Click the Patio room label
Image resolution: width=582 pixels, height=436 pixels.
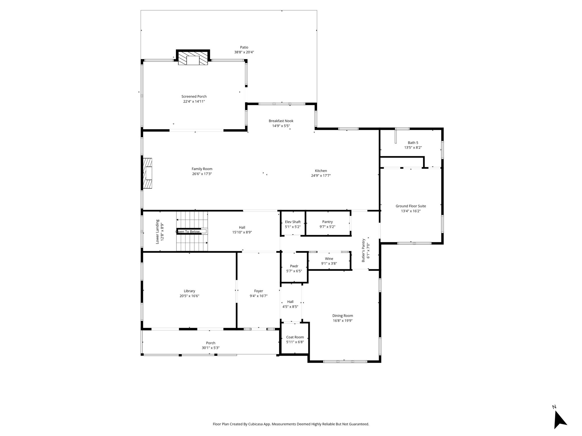pos(244,47)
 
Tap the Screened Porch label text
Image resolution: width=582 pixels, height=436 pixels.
pos(194,97)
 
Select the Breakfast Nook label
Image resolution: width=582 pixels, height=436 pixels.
pos(281,121)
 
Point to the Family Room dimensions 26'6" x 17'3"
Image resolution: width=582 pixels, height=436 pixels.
pos(202,174)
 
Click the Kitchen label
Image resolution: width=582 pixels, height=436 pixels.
pos(321,171)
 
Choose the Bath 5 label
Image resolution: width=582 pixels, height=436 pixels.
pos(413,143)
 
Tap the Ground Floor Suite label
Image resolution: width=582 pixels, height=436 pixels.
pos(411,206)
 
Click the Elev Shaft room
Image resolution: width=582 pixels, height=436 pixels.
pos(293,224)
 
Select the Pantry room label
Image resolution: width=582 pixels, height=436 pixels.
pos(327,222)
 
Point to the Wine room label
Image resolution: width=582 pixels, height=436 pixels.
pos(329,259)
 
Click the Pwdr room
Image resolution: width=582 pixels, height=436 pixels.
pos(294,268)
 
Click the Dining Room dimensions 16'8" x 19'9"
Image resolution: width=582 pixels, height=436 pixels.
pos(343,320)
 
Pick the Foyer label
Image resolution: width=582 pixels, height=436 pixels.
pos(259,291)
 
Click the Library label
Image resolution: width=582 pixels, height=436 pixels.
pos(190,291)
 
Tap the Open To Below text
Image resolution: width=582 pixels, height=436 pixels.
pos(188,232)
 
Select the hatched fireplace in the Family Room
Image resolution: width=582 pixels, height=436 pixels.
pos(148,173)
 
